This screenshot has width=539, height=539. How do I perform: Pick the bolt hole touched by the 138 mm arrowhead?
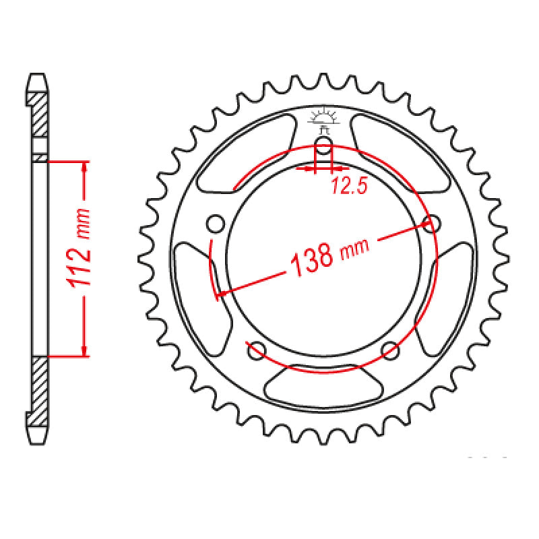point(433,223)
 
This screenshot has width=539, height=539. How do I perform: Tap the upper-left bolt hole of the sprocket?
point(215,223)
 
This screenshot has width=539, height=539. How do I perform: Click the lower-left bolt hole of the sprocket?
point(255,350)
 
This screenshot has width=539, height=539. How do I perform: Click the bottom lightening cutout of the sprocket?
point(323,384)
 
